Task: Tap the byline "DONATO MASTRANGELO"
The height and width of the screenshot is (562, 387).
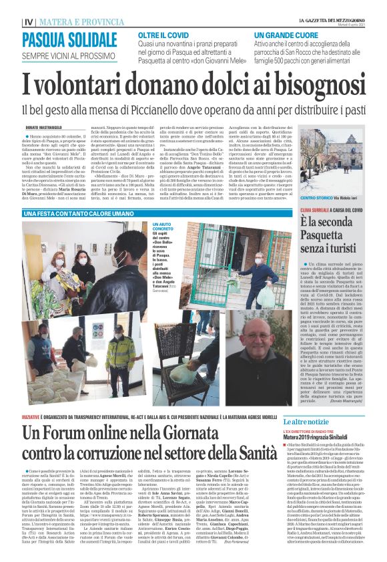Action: click(43, 127)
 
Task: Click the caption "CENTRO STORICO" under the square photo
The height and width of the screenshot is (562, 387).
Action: click(300, 198)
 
